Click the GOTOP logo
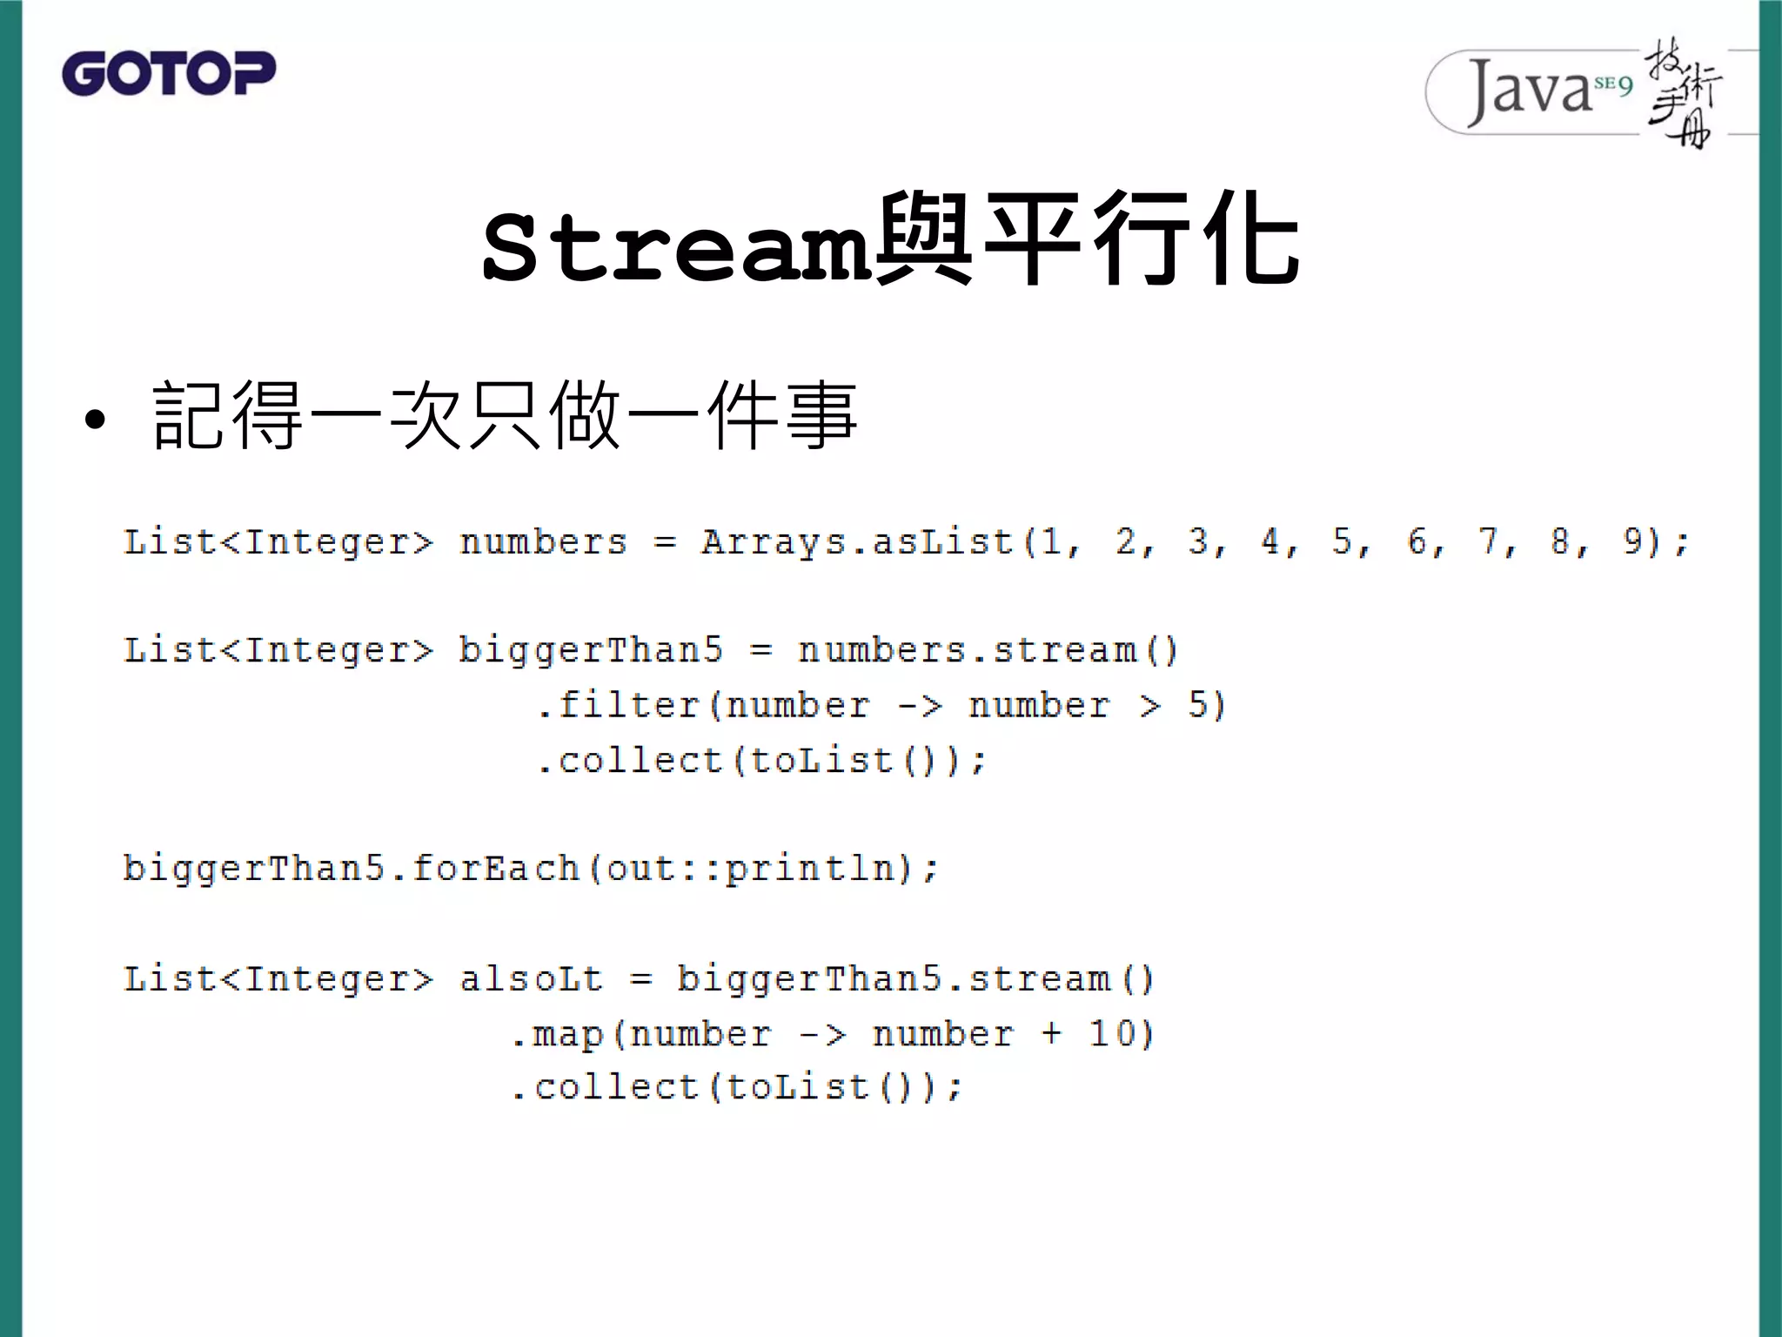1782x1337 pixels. pyautogui.click(x=169, y=73)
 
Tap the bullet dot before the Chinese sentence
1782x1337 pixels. pyautogui.click(x=95, y=420)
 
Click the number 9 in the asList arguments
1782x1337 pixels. pyautogui.click(x=1633, y=541)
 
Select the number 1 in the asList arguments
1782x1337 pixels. pyautogui.click(x=1052, y=541)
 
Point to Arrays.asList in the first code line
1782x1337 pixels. pyautogui.click(x=857, y=542)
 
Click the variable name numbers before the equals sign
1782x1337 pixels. pyautogui.click(x=543, y=542)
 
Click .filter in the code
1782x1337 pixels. pyautogui.click(x=619, y=705)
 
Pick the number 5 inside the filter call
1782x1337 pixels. pyautogui.click(x=1198, y=705)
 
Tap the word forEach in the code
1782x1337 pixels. pyautogui.click(x=495, y=868)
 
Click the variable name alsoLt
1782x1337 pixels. pyautogui.click(x=531, y=978)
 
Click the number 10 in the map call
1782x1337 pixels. pyautogui.click(x=1111, y=1033)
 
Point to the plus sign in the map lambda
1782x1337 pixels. pyautogui.click(x=1051, y=1033)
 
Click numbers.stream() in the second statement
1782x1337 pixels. pyautogui.click(x=988, y=650)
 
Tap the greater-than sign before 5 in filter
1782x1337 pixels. pyautogui.click(x=1150, y=706)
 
